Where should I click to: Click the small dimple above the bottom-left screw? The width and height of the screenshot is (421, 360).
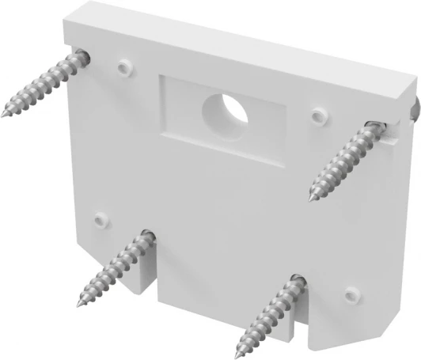[100, 216]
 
